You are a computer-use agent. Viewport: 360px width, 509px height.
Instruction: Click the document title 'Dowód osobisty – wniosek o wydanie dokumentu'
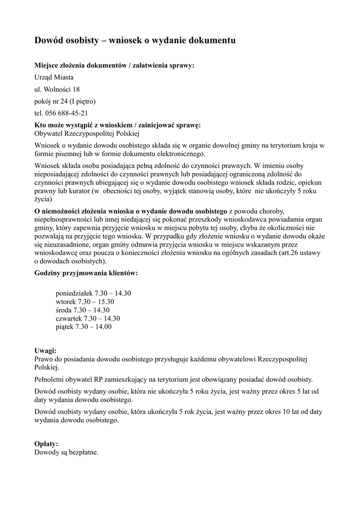point(135,40)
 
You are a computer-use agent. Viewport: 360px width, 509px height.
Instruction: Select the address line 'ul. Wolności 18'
point(57,89)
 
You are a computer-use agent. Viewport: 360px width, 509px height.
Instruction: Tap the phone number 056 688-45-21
point(61,113)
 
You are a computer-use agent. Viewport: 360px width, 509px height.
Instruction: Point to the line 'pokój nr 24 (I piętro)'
point(65,101)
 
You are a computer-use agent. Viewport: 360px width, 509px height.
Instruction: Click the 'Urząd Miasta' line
point(54,77)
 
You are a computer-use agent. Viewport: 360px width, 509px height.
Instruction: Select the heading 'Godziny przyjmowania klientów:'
point(86,273)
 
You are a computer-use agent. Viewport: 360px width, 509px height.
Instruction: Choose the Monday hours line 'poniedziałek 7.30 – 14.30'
point(93,293)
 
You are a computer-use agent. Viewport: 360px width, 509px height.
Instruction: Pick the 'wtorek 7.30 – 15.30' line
point(85,302)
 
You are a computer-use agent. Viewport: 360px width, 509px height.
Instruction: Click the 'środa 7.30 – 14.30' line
point(83,310)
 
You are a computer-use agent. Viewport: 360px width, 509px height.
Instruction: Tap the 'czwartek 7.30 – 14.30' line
point(88,319)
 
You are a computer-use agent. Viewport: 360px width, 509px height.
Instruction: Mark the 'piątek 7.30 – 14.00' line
point(84,327)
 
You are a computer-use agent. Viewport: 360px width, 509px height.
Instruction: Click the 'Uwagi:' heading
point(45,350)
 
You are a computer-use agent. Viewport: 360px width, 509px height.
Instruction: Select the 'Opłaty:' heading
point(46,444)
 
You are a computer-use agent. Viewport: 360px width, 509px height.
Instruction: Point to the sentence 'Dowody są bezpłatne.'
point(66,452)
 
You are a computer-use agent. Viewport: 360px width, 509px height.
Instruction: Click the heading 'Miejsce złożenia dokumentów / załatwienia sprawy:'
point(114,65)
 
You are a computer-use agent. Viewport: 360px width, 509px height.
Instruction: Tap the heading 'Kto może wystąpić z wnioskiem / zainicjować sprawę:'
point(117,125)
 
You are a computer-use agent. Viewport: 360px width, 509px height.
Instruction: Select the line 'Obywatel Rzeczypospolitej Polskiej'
point(87,133)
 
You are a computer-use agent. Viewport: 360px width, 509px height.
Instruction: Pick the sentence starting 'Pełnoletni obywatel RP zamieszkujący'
point(174,379)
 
